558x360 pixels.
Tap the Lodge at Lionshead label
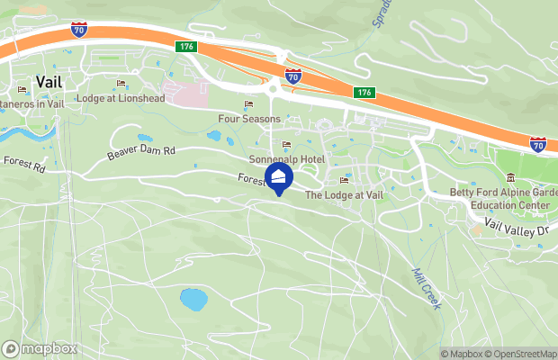click(x=121, y=98)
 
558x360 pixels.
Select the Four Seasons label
click(x=249, y=118)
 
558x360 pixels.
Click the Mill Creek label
click(x=426, y=288)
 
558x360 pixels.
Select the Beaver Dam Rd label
click(x=140, y=153)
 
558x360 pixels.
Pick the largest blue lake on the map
click(x=192, y=298)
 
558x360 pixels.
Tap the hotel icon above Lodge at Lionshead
click(x=121, y=85)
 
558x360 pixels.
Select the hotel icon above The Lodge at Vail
click(x=343, y=181)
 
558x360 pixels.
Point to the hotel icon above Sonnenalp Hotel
click(x=287, y=145)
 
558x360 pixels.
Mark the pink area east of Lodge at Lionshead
click(x=189, y=94)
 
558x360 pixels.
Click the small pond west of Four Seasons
click(x=213, y=137)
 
